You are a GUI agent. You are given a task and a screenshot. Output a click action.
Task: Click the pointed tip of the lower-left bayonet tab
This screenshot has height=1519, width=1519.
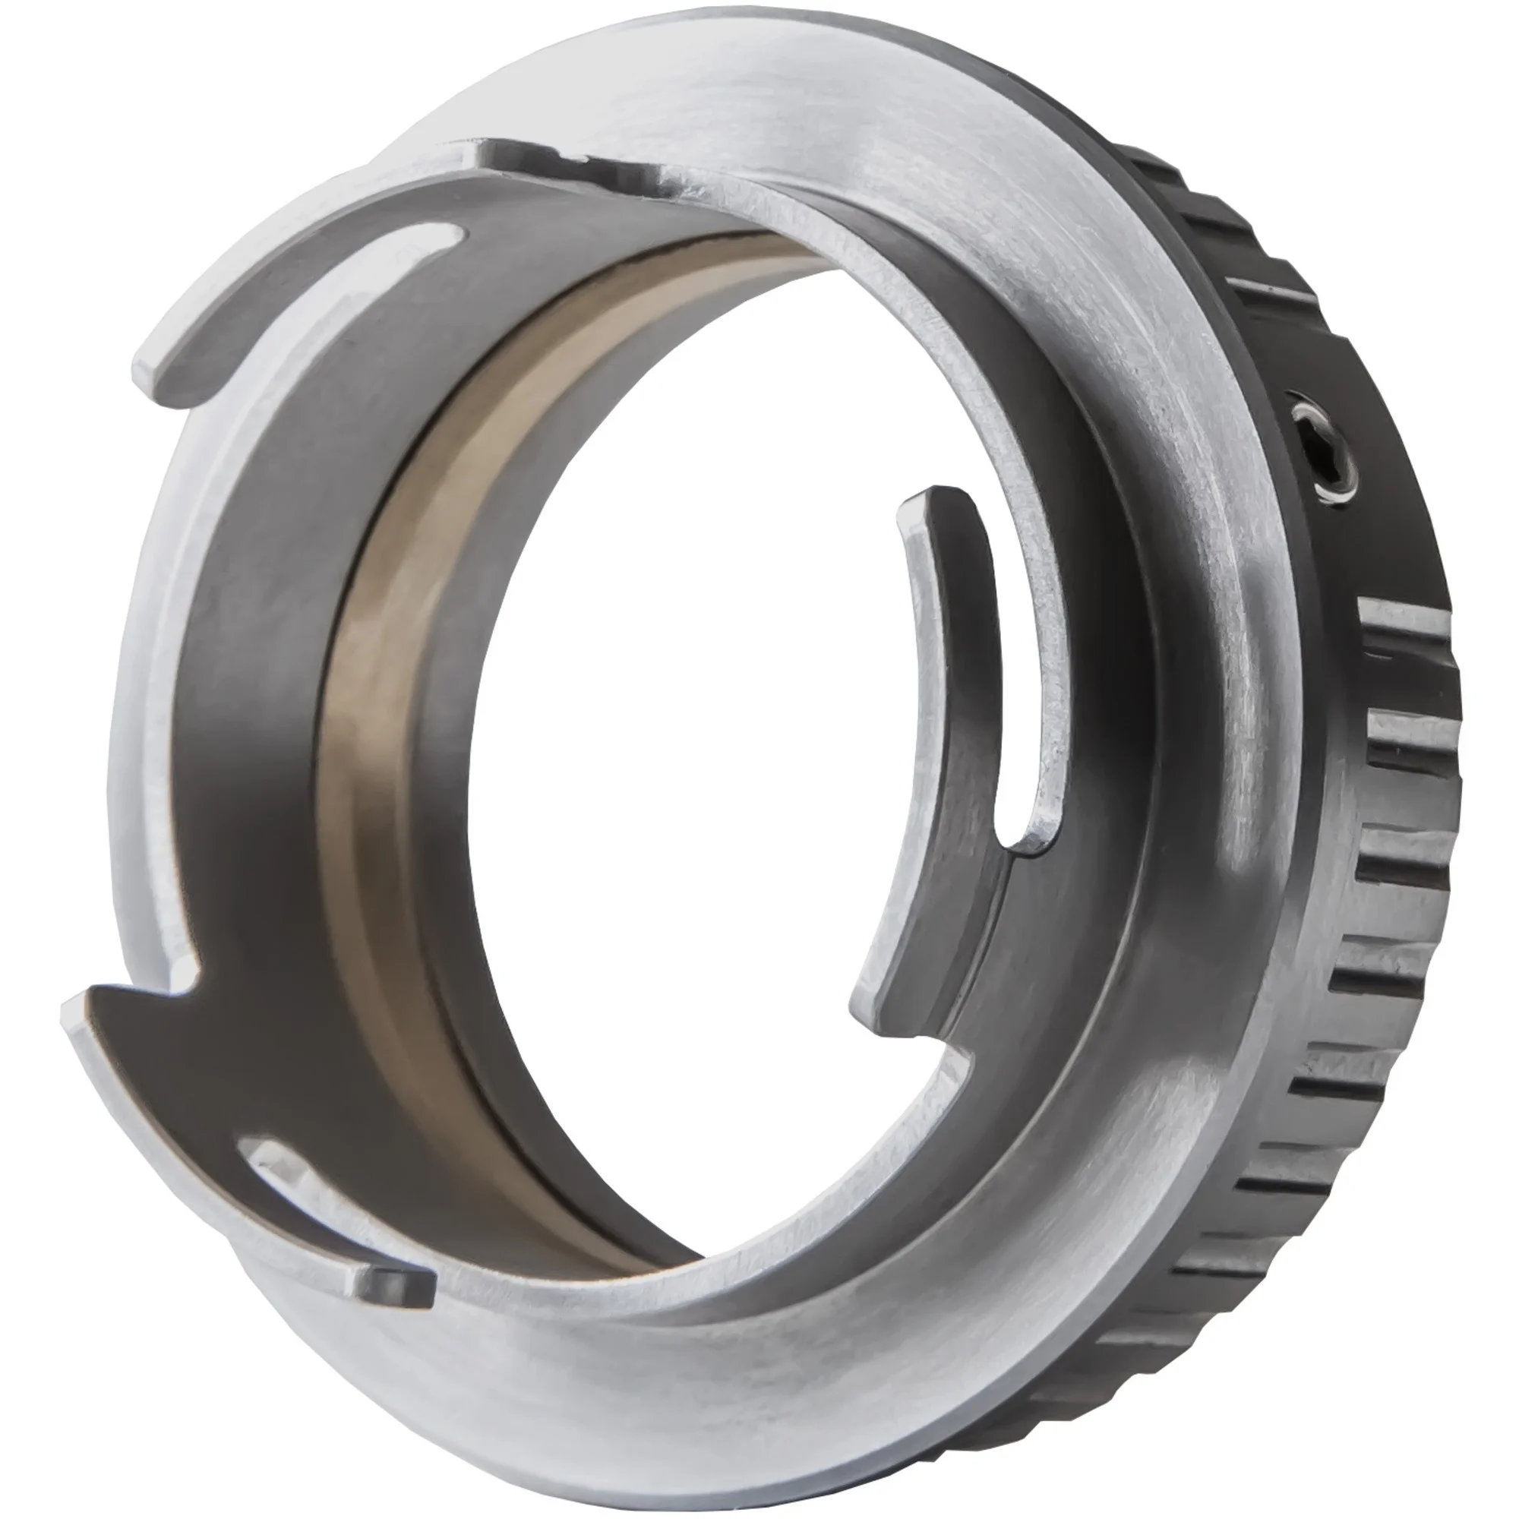click(x=74, y=1003)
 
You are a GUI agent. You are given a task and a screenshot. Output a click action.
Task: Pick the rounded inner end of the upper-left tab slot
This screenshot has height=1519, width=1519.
click(x=441, y=236)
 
